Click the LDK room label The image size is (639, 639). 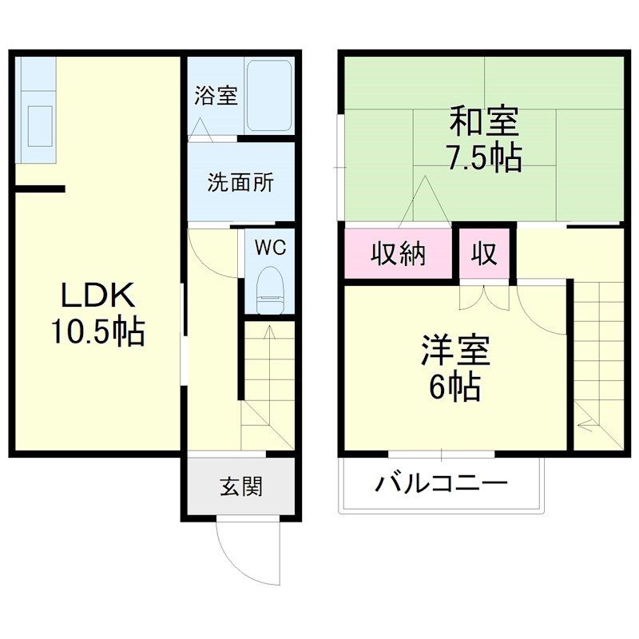(x=98, y=296)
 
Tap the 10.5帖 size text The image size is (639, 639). (x=98, y=330)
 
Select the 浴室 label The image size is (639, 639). (x=216, y=96)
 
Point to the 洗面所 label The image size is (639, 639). (x=240, y=182)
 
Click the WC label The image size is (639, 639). (x=270, y=248)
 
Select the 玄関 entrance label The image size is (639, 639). (x=241, y=486)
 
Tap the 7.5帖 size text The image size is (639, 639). (x=483, y=158)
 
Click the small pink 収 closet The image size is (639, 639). (x=484, y=254)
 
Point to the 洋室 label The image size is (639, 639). (x=455, y=351)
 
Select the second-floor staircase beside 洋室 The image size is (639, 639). (x=597, y=359)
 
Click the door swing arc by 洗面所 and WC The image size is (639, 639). (x=209, y=252)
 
